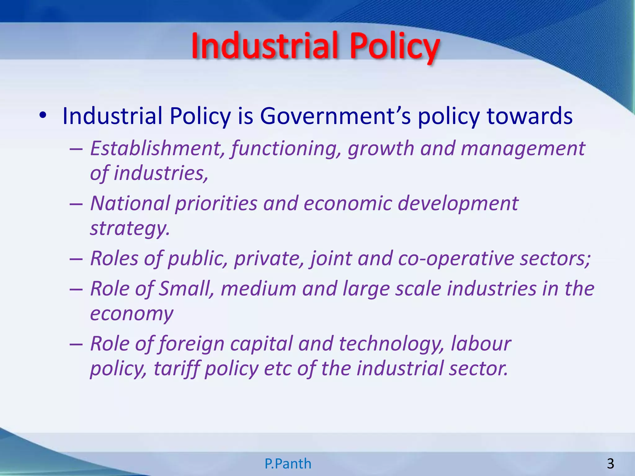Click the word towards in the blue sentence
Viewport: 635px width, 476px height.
coord(530,116)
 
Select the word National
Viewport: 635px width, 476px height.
coord(130,203)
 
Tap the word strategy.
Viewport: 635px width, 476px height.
coord(130,229)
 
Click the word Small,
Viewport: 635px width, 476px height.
coord(186,289)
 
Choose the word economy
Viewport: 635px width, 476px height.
coord(131,314)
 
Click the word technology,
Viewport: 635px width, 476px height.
coord(392,344)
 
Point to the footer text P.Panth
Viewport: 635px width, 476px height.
coord(288,464)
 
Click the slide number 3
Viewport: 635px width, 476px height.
coord(610,464)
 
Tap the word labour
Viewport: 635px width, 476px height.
coord(481,344)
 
